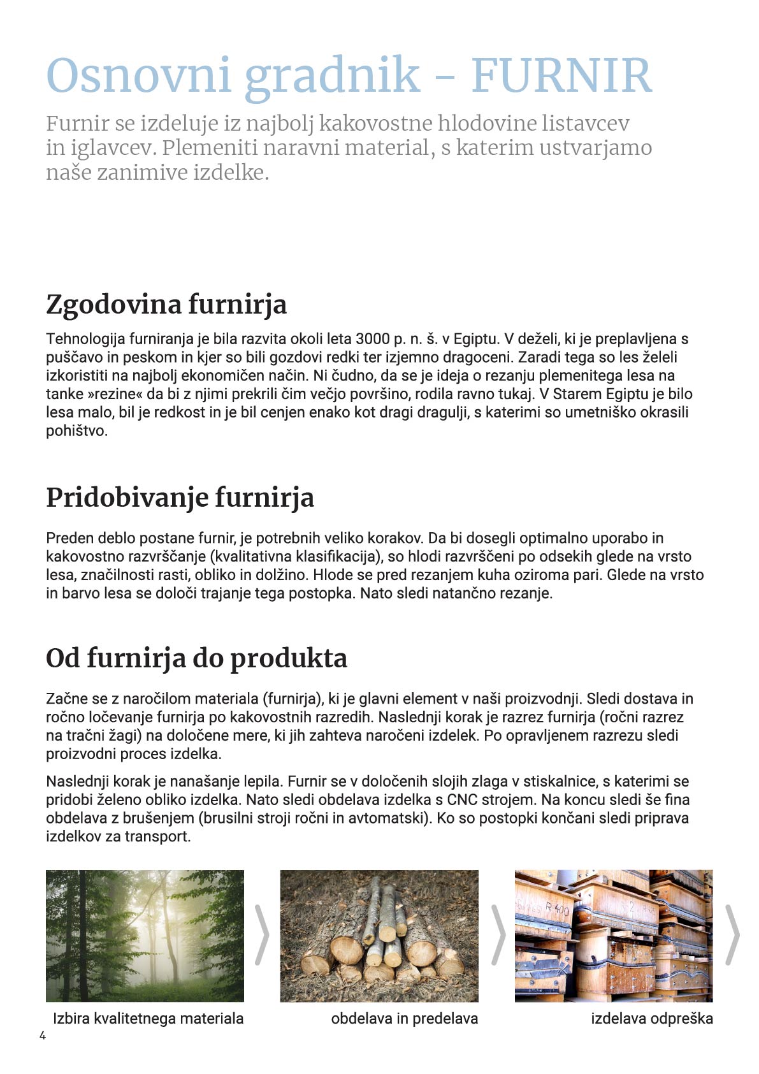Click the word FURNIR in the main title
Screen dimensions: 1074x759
561,76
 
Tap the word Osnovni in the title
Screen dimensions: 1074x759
138,76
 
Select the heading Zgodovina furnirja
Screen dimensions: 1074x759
166,304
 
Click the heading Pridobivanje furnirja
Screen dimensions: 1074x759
180,497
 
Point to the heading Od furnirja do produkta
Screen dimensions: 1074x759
196,658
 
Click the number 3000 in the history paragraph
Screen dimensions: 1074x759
373,338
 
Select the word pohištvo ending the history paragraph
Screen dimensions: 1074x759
76,430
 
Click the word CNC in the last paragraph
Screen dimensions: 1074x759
462,799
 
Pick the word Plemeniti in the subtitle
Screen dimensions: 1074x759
210,148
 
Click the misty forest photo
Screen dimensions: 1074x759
145,935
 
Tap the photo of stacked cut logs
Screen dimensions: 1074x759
379,935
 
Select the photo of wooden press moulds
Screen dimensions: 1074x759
614,935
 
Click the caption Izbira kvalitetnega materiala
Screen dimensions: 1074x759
148,1018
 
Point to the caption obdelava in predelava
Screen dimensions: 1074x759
404,1018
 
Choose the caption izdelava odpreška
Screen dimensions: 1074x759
651,1018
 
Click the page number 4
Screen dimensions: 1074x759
43,1035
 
